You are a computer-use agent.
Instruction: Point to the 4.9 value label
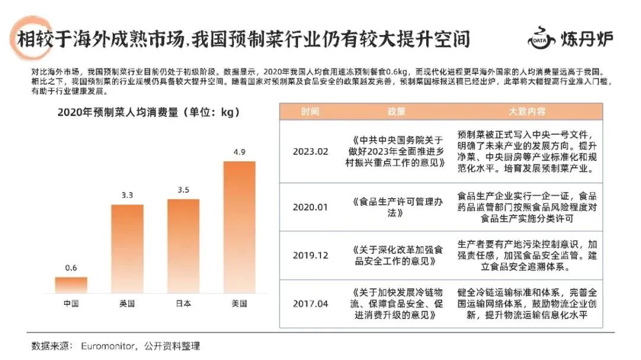(x=239, y=152)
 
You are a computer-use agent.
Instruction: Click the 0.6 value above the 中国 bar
(x=71, y=268)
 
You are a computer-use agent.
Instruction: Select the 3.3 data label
(x=127, y=195)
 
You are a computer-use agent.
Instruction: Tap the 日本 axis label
(x=183, y=304)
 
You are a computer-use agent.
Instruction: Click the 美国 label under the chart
(x=239, y=304)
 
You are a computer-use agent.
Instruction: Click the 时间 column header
(x=310, y=111)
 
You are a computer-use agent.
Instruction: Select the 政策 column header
(x=398, y=111)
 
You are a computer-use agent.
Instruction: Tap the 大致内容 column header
(x=527, y=111)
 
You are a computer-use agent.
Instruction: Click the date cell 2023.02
(x=310, y=151)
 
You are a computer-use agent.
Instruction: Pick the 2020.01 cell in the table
(x=310, y=207)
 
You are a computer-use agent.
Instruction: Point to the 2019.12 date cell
(x=310, y=256)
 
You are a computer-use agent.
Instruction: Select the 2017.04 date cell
(x=310, y=304)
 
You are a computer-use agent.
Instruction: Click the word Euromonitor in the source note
(x=110, y=346)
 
